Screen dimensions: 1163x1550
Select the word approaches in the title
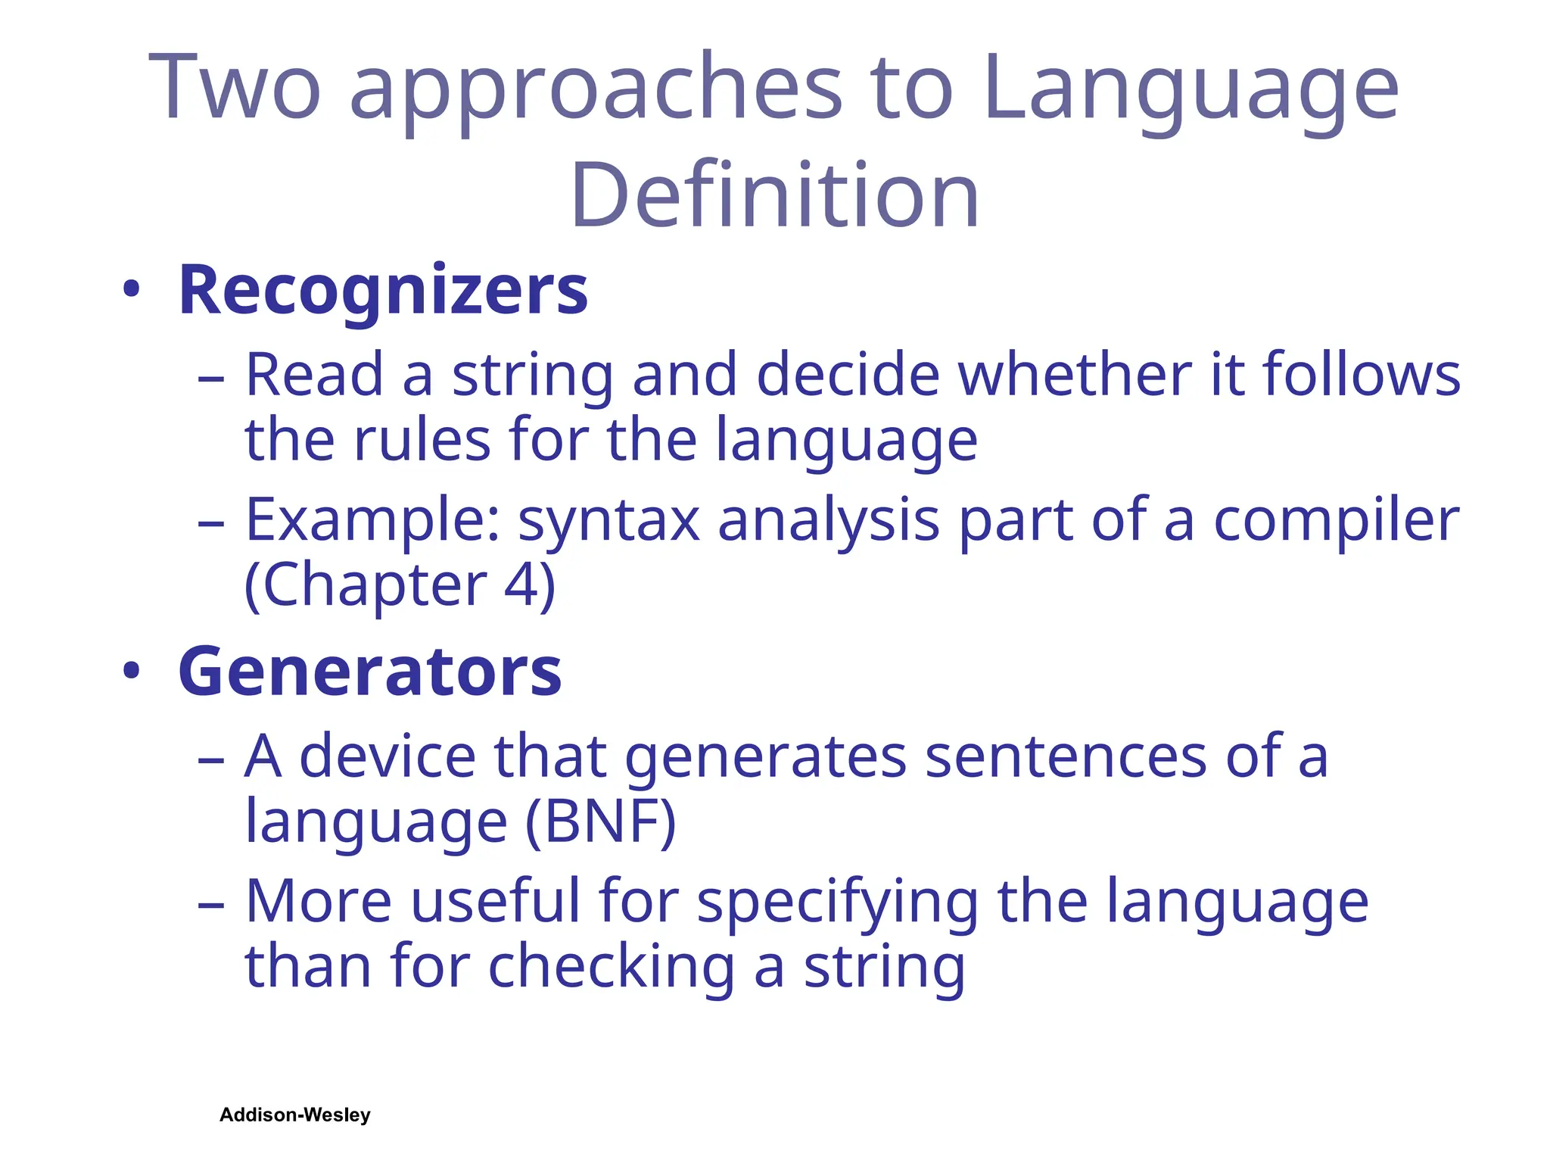(595, 91)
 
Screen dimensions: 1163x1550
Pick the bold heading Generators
(369, 672)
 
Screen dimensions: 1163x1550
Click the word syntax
(608, 522)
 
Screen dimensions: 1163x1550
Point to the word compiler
(1337, 522)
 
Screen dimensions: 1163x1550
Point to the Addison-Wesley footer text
(295, 1115)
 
